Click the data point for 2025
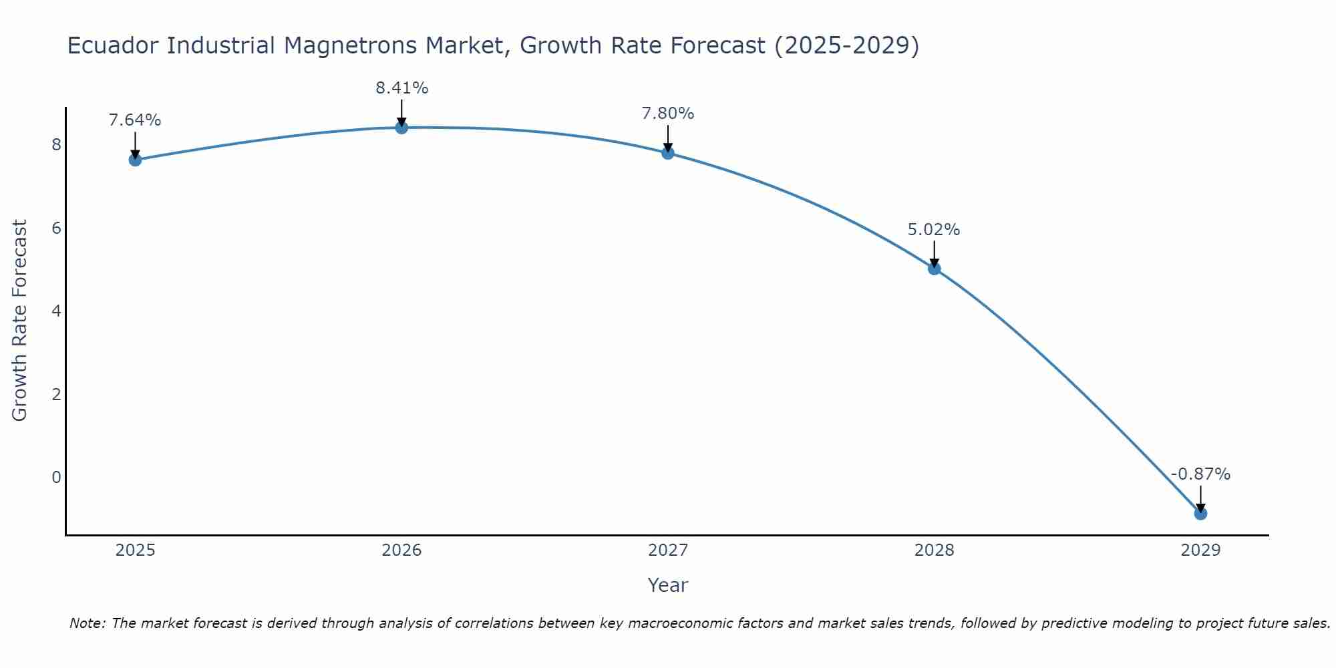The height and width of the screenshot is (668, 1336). click(135, 160)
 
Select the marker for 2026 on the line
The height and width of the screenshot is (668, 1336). click(401, 128)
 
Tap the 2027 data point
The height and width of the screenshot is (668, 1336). click(668, 153)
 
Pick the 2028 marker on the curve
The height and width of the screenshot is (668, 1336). click(934, 269)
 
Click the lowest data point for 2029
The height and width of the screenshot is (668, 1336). click(1200, 513)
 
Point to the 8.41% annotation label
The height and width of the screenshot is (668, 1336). click(401, 88)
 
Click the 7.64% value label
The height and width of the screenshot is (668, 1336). click(135, 120)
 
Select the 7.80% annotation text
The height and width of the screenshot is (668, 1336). click(668, 114)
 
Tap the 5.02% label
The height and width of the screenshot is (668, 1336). click(934, 230)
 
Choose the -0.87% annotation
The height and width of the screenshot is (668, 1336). click(1200, 474)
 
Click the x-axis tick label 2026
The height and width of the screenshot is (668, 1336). click(401, 550)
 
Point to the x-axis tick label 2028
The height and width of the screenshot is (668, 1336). click(934, 550)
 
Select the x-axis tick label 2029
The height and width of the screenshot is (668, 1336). click(1200, 550)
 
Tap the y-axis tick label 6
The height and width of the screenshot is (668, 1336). click(56, 228)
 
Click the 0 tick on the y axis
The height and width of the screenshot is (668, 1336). click(56, 477)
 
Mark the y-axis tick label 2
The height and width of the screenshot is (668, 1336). click(56, 394)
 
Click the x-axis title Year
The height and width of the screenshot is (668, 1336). click(668, 585)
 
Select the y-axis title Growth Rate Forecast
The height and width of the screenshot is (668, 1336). click(20, 321)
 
